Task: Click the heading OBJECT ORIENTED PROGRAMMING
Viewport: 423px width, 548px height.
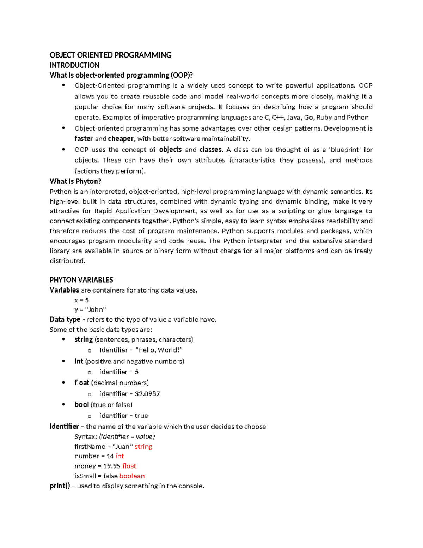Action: click(x=110, y=55)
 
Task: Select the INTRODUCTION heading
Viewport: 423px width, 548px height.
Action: click(x=74, y=65)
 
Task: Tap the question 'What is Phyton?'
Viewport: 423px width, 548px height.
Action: click(x=75, y=181)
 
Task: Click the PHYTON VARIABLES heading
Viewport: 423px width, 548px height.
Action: click(x=81, y=280)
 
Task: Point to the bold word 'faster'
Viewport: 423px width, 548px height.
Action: click(x=84, y=139)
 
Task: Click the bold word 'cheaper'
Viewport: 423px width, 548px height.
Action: click(x=121, y=139)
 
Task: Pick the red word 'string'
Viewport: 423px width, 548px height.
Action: click(x=143, y=447)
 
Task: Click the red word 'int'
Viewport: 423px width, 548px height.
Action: click(x=120, y=456)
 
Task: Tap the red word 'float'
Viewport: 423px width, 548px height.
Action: click(x=129, y=466)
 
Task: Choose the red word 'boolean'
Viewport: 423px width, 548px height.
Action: click(x=132, y=476)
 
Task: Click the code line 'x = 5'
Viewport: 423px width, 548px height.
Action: click(x=81, y=300)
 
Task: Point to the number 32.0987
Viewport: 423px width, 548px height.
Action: click(x=147, y=394)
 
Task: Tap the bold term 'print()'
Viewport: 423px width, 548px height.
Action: click(x=60, y=486)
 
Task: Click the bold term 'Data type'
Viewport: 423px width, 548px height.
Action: click(x=65, y=320)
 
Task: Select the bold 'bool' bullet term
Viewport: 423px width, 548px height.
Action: click(x=81, y=405)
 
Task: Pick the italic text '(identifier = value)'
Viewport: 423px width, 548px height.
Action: click(x=127, y=437)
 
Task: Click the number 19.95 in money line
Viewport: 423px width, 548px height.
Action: click(x=111, y=466)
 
